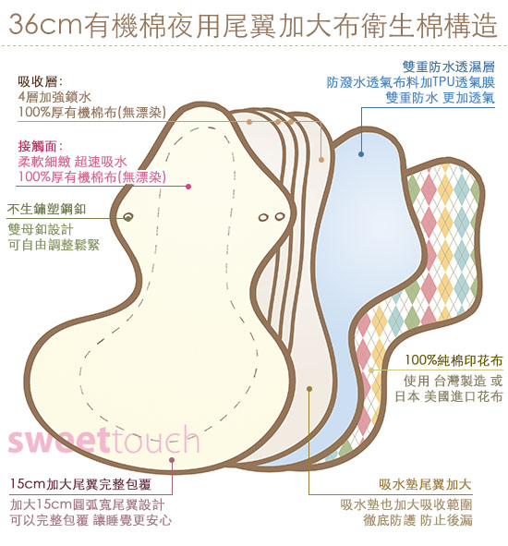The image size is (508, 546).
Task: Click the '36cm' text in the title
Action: tap(44, 25)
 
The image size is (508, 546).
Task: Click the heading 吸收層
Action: tap(40, 82)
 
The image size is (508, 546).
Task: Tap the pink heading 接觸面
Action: tap(40, 146)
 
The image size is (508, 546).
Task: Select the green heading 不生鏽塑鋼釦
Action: tap(47, 210)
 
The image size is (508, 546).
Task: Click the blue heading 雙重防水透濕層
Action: tap(449, 67)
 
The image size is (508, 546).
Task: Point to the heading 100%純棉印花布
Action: tap(454, 360)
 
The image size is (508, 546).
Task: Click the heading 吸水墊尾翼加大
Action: tap(425, 484)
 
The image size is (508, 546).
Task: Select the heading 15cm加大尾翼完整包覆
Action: tap(80, 484)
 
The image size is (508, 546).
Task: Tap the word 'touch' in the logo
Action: tap(153, 440)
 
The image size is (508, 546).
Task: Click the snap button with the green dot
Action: tap(128, 218)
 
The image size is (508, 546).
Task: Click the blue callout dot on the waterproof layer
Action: tap(361, 154)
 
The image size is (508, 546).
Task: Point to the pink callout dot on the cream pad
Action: tap(188, 187)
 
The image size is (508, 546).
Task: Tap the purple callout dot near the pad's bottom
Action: tap(171, 460)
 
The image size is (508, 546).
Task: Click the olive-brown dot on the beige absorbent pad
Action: tap(309, 389)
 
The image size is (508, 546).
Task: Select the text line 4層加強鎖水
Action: tap(55, 97)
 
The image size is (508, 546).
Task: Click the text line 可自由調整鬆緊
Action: tap(54, 245)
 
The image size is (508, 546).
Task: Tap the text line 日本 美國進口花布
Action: tap(449, 396)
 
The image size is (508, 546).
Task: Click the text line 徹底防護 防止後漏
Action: tap(417, 520)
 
